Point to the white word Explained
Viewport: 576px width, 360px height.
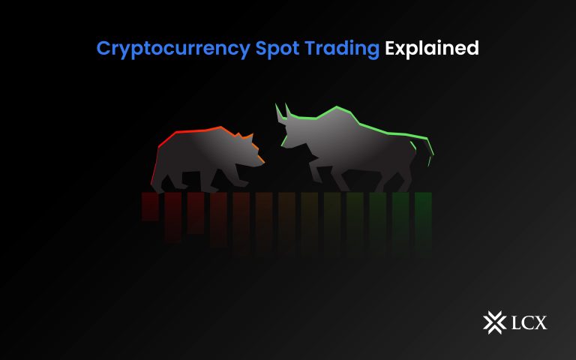click(431, 49)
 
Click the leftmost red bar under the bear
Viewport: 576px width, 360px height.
click(150, 206)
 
